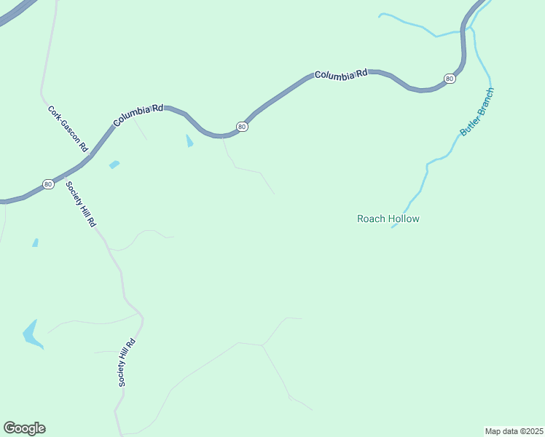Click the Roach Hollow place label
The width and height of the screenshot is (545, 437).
tap(388, 219)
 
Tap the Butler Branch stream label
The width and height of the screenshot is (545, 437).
tap(477, 112)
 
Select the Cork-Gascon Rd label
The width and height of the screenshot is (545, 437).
tap(68, 128)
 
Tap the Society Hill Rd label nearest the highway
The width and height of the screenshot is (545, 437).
tap(81, 204)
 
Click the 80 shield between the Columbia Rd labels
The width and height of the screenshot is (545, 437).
tap(243, 127)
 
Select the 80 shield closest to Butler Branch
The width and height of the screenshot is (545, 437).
tap(450, 79)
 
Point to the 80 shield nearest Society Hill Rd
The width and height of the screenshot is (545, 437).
tap(48, 184)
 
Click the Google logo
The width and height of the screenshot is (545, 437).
tap(24, 428)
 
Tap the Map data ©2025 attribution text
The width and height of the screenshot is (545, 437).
tap(514, 430)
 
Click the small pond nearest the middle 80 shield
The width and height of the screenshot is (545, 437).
tap(190, 141)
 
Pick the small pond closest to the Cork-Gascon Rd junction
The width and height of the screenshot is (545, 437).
tap(114, 165)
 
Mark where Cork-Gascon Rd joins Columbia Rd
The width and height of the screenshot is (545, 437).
tap(90, 155)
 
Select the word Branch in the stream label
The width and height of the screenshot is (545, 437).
tap(486, 101)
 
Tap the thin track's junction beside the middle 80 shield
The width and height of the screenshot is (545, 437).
tap(223, 137)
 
